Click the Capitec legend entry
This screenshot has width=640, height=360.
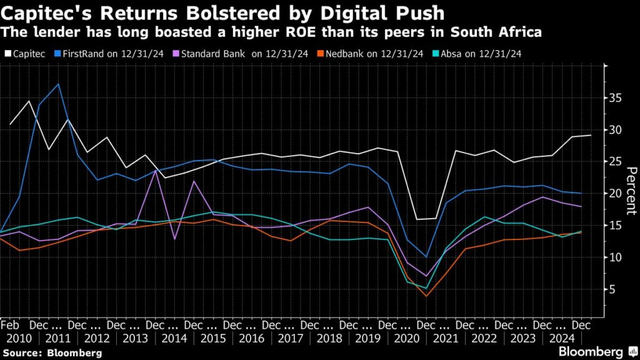point(25,54)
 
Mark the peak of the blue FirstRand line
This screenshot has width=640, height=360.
point(58,84)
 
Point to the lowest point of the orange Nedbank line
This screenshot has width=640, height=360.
point(426,296)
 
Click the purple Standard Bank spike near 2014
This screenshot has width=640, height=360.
point(155,170)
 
